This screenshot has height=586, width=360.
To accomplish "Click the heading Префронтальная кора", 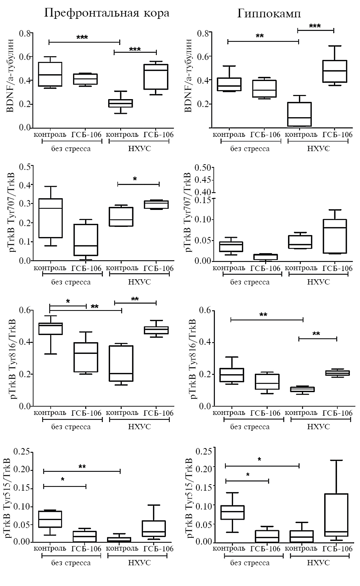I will [107, 13].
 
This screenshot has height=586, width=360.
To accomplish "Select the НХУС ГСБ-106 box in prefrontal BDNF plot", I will [156, 77].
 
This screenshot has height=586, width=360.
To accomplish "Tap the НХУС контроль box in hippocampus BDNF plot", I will [299, 114].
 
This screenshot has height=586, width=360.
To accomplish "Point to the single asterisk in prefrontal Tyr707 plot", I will [135, 179].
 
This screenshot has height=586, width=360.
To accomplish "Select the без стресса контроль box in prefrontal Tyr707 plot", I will [51, 218].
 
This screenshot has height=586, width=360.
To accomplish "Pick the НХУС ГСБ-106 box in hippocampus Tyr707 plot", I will [335, 236].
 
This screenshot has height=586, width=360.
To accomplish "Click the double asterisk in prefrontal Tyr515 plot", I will [82, 467].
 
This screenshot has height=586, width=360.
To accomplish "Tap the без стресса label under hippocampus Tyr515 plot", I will [250, 563].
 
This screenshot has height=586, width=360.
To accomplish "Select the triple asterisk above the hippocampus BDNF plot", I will [315, 26].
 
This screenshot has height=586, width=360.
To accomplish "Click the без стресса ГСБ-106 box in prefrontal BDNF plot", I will [85, 79].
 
